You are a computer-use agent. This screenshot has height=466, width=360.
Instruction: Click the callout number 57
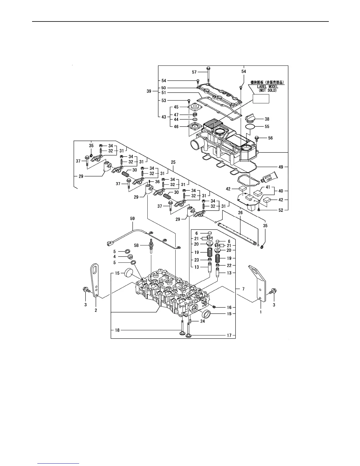(x=194, y=72)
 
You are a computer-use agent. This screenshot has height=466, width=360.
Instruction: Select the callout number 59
(x=133, y=219)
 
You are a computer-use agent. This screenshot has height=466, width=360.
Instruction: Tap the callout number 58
(x=136, y=245)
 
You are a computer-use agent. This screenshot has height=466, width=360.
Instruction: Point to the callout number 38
(x=267, y=119)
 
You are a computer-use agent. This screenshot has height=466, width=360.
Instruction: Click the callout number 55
(x=267, y=127)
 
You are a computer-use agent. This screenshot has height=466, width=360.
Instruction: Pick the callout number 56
(x=270, y=138)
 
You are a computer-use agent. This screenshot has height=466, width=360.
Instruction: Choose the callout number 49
(x=281, y=167)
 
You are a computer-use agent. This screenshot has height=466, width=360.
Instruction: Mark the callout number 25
(x=173, y=162)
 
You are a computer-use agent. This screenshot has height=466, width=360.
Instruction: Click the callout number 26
(x=240, y=212)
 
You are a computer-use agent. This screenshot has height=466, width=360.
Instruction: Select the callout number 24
(x=202, y=321)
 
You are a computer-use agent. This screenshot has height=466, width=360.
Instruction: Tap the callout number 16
(x=229, y=307)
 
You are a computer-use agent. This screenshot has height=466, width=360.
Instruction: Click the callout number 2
(x=96, y=310)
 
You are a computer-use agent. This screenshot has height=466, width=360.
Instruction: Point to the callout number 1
(x=261, y=312)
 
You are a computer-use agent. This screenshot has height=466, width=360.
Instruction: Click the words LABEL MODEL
(x=268, y=87)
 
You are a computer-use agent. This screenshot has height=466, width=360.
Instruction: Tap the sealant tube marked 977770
(x=269, y=178)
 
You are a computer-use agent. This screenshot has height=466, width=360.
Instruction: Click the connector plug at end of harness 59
(x=109, y=243)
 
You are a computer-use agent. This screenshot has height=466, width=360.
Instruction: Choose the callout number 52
(x=281, y=210)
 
